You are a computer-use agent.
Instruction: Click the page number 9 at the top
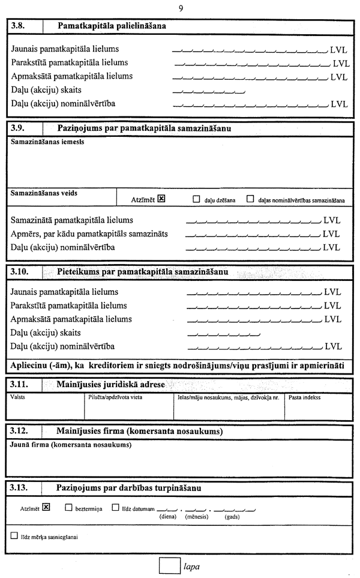(181, 8)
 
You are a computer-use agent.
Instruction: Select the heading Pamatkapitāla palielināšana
(112, 26)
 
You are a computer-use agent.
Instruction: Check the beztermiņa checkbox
(68, 507)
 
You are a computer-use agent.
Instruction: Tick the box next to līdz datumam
(116, 507)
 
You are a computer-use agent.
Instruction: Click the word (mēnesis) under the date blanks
(196, 516)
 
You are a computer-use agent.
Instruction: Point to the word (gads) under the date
(233, 516)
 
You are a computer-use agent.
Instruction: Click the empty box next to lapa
(170, 566)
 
